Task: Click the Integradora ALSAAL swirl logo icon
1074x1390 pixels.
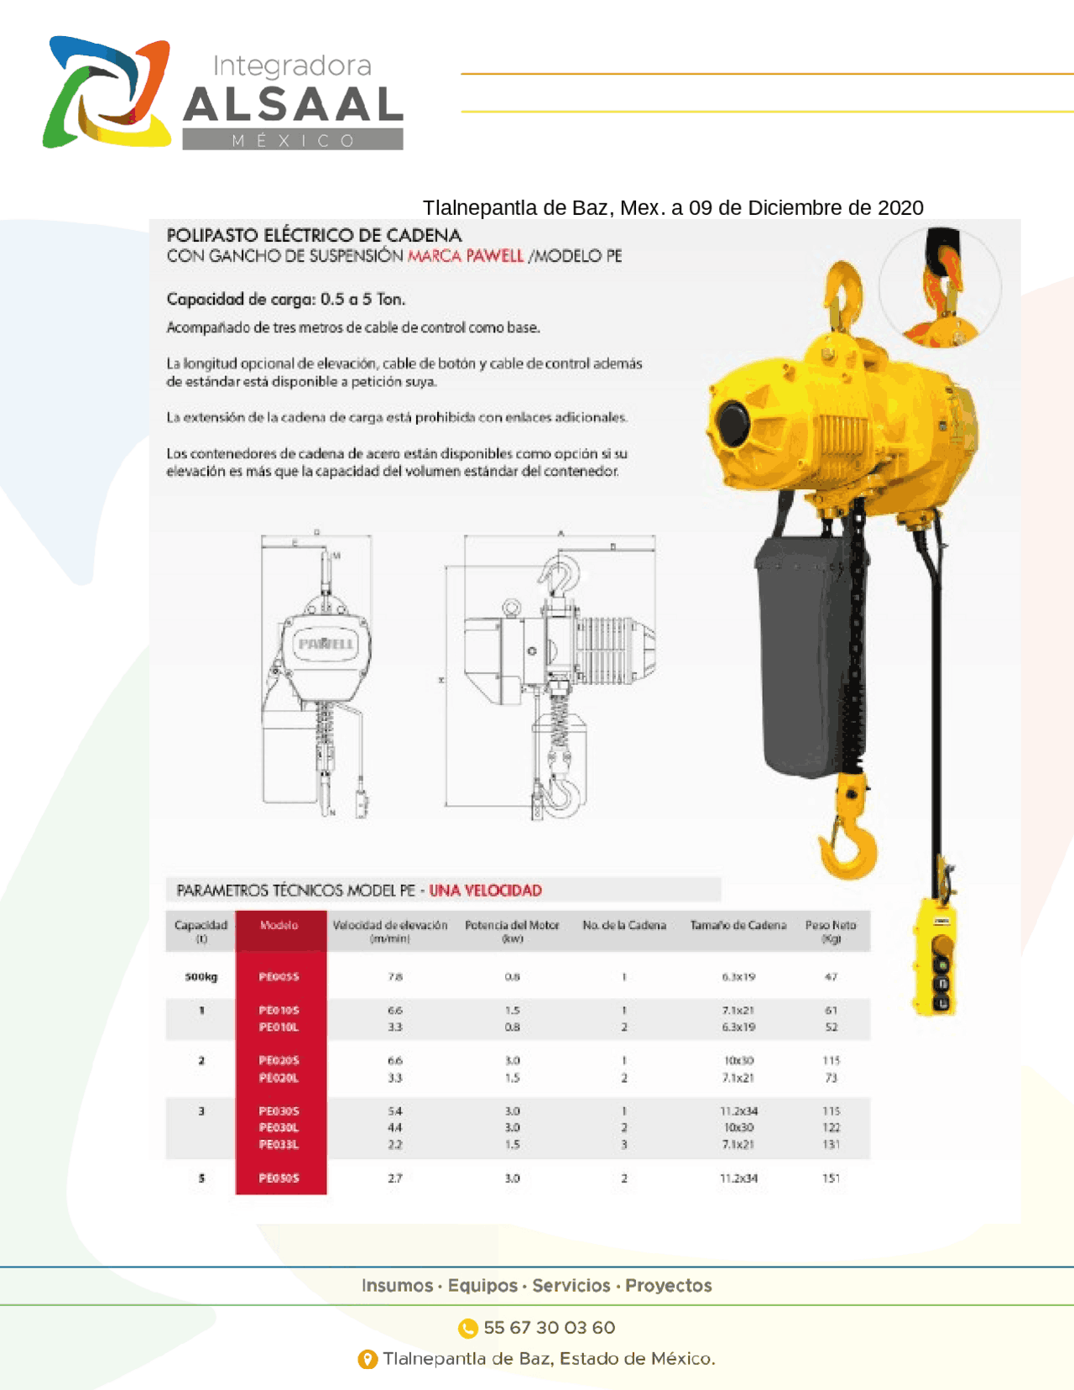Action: [x=107, y=92]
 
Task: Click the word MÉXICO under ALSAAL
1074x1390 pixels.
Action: [x=293, y=141]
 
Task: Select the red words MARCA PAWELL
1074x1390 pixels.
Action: [x=466, y=256]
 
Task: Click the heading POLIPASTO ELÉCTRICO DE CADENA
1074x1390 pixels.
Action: [x=314, y=235]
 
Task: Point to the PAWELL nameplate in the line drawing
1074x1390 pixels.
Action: [x=326, y=644]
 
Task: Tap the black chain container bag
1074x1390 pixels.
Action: [x=801, y=655]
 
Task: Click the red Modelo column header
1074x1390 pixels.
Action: [x=279, y=926]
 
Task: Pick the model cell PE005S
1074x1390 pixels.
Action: [x=279, y=977]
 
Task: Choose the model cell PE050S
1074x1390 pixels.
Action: [x=279, y=1178]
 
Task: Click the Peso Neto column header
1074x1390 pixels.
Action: [x=831, y=931]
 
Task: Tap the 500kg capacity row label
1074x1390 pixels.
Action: [x=201, y=977]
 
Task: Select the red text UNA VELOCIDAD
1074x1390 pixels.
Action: [x=486, y=891]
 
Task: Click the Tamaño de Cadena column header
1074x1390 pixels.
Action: [x=738, y=926]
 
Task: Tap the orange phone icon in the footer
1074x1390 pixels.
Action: [x=467, y=1328]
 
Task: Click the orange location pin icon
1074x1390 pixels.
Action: [x=368, y=1359]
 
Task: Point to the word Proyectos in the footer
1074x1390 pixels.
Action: [x=669, y=1286]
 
